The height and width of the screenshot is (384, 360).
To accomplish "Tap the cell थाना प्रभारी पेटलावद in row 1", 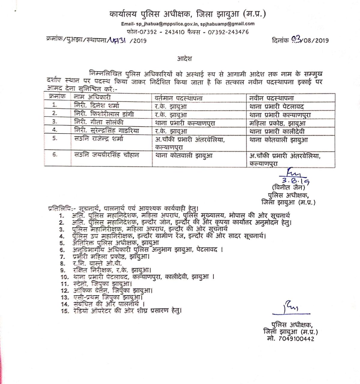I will (x=277, y=106).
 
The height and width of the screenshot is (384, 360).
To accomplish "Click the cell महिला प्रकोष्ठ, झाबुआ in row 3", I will (x=277, y=123).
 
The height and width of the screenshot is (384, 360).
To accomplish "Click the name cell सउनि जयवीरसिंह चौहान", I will (x=107, y=155).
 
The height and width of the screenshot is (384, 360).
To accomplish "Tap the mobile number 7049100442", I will (x=297, y=339).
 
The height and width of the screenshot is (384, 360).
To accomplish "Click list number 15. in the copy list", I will (x=65, y=311).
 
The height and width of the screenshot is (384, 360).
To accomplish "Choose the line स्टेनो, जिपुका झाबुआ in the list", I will (x=102, y=283).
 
